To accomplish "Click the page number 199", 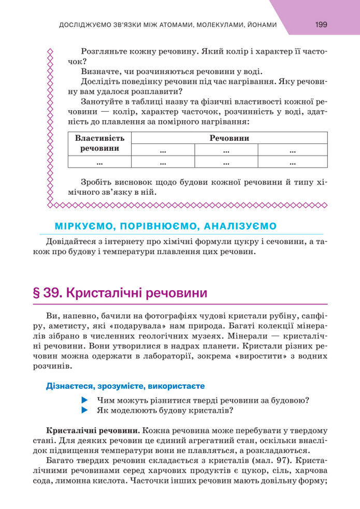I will click(321, 24).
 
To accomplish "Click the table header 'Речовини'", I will click(229, 138).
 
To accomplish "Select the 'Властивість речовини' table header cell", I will click(99, 143).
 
